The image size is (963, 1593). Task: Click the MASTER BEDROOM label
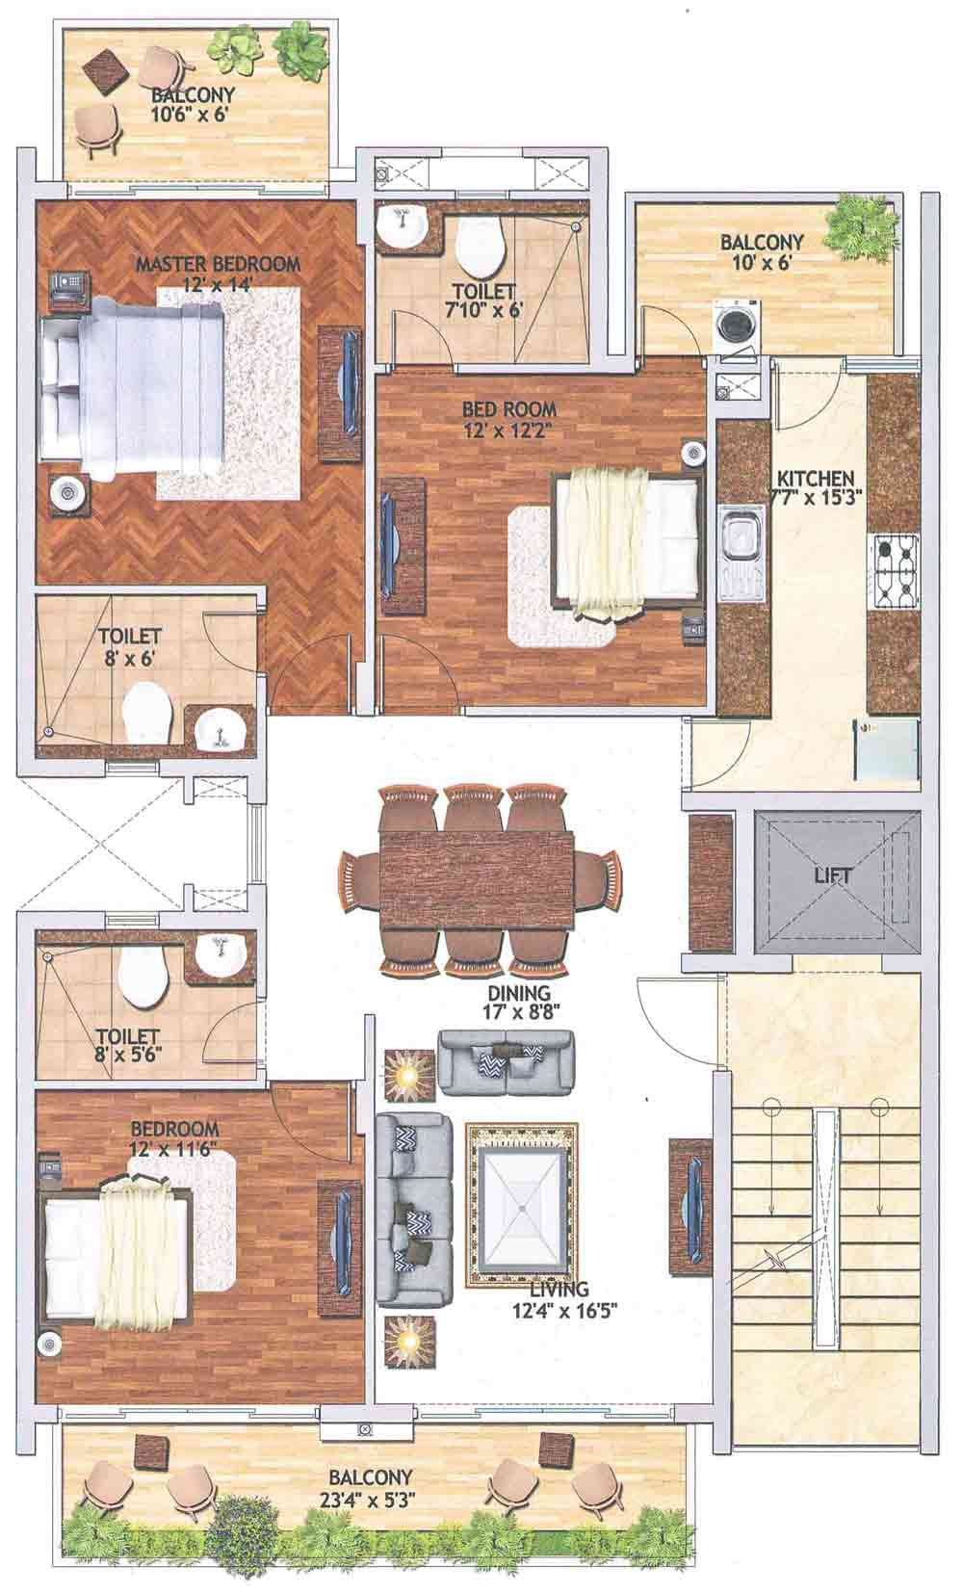point(218,265)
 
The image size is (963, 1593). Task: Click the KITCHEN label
point(815,478)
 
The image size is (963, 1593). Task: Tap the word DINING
point(519,992)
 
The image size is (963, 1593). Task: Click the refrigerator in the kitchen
point(886,750)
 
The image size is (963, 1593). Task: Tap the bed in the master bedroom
point(135,399)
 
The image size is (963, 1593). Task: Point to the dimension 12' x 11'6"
point(172,1149)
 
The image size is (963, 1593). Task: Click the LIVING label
point(560,1288)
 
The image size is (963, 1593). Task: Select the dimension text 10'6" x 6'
point(189,114)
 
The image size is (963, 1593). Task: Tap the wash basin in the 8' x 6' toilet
point(220,730)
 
